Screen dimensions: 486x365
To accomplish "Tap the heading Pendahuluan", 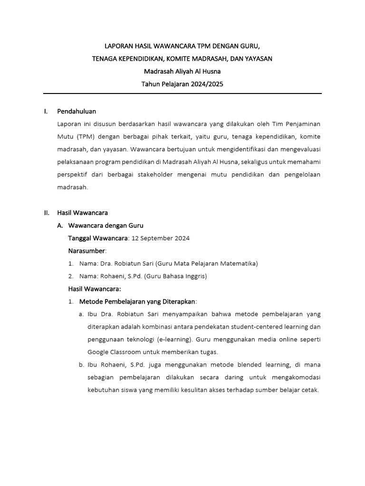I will [x=77, y=112].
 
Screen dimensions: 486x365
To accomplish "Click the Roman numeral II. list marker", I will [x=46, y=213].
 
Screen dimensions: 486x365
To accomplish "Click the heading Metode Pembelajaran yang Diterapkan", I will [x=137, y=301].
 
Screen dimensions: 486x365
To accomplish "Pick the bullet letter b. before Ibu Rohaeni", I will [x=81, y=365].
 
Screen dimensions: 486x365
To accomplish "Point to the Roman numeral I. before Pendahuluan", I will [x=46, y=112].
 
